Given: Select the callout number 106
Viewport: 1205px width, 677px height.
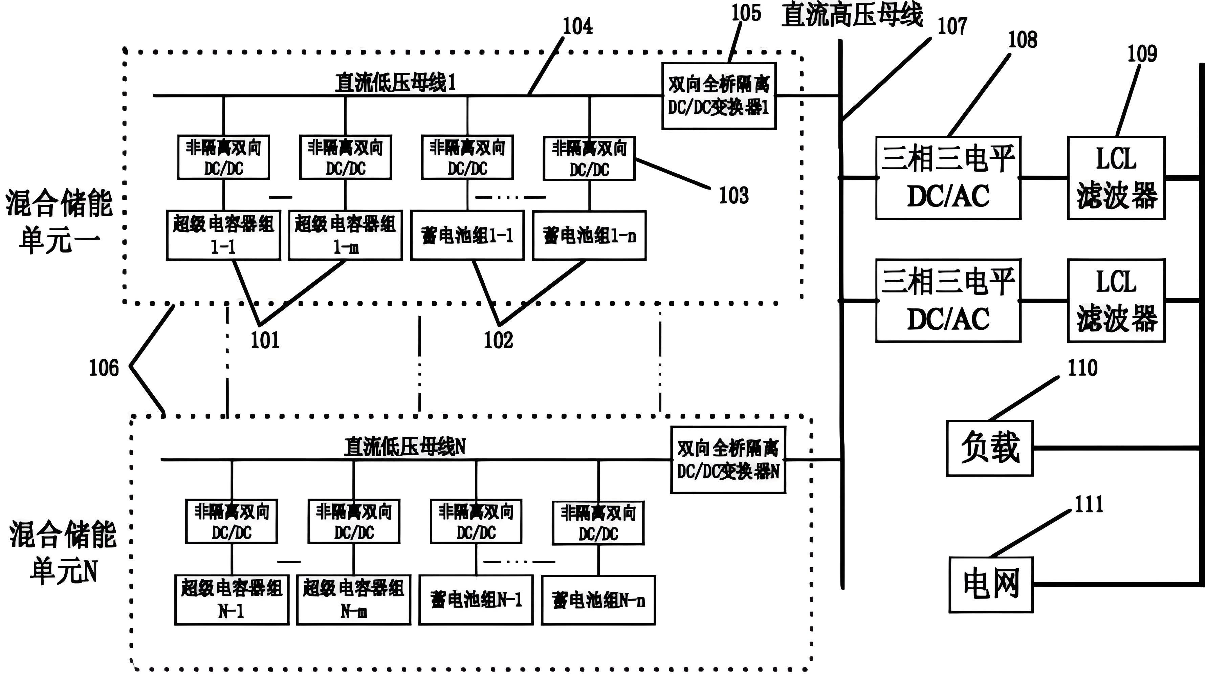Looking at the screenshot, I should click(x=104, y=368).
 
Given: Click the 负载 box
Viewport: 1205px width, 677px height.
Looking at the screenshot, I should click(x=989, y=448).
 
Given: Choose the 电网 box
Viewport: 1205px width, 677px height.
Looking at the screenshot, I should click(x=991, y=584).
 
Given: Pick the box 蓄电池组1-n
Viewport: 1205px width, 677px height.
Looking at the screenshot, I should click(x=589, y=235).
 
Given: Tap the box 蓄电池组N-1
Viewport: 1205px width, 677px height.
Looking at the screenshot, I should click(x=476, y=600).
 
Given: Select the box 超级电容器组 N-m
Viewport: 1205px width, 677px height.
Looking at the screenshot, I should click(x=354, y=600).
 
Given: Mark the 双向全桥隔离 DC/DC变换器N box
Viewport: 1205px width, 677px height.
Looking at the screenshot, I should click(x=728, y=460).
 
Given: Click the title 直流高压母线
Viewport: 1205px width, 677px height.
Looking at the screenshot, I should click(x=852, y=15).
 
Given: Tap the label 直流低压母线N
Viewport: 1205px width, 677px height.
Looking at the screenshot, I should click(x=404, y=447).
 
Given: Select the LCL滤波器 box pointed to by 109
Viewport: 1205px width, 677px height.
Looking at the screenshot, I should click(x=1116, y=178).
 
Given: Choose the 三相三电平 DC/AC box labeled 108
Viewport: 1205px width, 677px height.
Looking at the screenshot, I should click(x=948, y=178).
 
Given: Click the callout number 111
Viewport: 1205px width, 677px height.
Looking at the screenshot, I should click(x=1089, y=504).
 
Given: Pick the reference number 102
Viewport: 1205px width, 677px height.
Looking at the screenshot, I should click(x=498, y=340).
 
